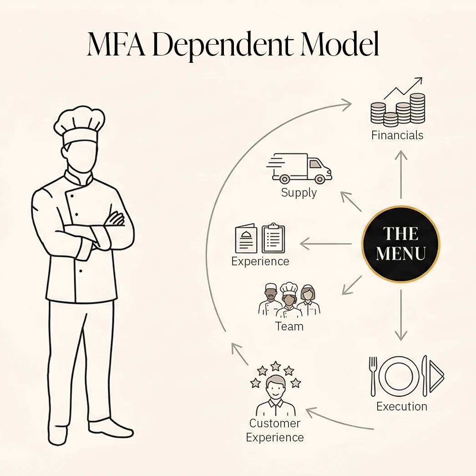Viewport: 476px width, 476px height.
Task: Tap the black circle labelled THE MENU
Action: pos(401,244)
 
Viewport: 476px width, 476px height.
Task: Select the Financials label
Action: pos(397,135)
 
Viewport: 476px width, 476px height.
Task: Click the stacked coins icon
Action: pos(398,109)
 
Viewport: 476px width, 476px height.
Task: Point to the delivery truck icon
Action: pos(299,168)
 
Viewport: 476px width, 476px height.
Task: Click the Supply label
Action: pos(299,193)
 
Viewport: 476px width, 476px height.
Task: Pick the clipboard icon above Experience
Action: pos(273,238)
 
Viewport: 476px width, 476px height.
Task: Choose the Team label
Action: pos(289,326)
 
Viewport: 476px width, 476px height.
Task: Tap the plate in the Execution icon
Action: pos(399,376)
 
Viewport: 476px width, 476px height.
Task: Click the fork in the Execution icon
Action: pos(373,376)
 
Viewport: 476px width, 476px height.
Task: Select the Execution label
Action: pos(402,406)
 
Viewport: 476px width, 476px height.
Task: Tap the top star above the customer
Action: pos(276,366)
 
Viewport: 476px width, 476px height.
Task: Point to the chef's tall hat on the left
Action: pos(80,125)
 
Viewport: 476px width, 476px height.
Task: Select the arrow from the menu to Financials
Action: pos(401,175)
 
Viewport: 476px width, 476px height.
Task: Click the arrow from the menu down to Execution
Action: pos(401,315)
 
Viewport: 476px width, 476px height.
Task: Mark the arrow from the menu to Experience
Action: pos(326,244)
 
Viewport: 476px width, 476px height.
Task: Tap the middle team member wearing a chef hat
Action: pos(289,300)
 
